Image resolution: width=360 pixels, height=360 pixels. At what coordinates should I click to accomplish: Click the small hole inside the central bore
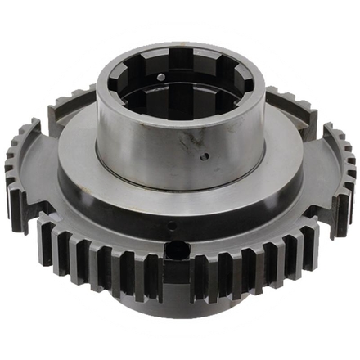point(160,77)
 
